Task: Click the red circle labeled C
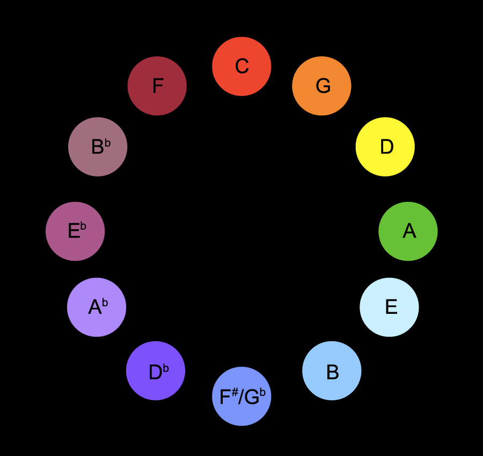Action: click(x=241, y=67)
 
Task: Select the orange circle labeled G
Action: click(x=321, y=86)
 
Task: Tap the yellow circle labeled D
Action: click(x=385, y=146)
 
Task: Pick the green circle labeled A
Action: click(x=408, y=231)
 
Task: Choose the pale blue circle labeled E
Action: click(x=389, y=307)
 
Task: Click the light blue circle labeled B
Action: click(x=332, y=371)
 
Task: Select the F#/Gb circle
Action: click(x=241, y=396)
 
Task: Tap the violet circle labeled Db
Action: click(x=156, y=371)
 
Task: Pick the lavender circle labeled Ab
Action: click(x=97, y=307)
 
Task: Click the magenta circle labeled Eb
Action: click(x=75, y=231)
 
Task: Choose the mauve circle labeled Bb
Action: click(x=98, y=146)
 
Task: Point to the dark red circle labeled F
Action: click(x=157, y=86)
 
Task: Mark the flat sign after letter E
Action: click(x=83, y=227)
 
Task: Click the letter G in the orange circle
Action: click(x=323, y=86)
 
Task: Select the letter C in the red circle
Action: click(x=241, y=67)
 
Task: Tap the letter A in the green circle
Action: click(x=409, y=231)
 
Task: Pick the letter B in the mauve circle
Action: click(x=97, y=147)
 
